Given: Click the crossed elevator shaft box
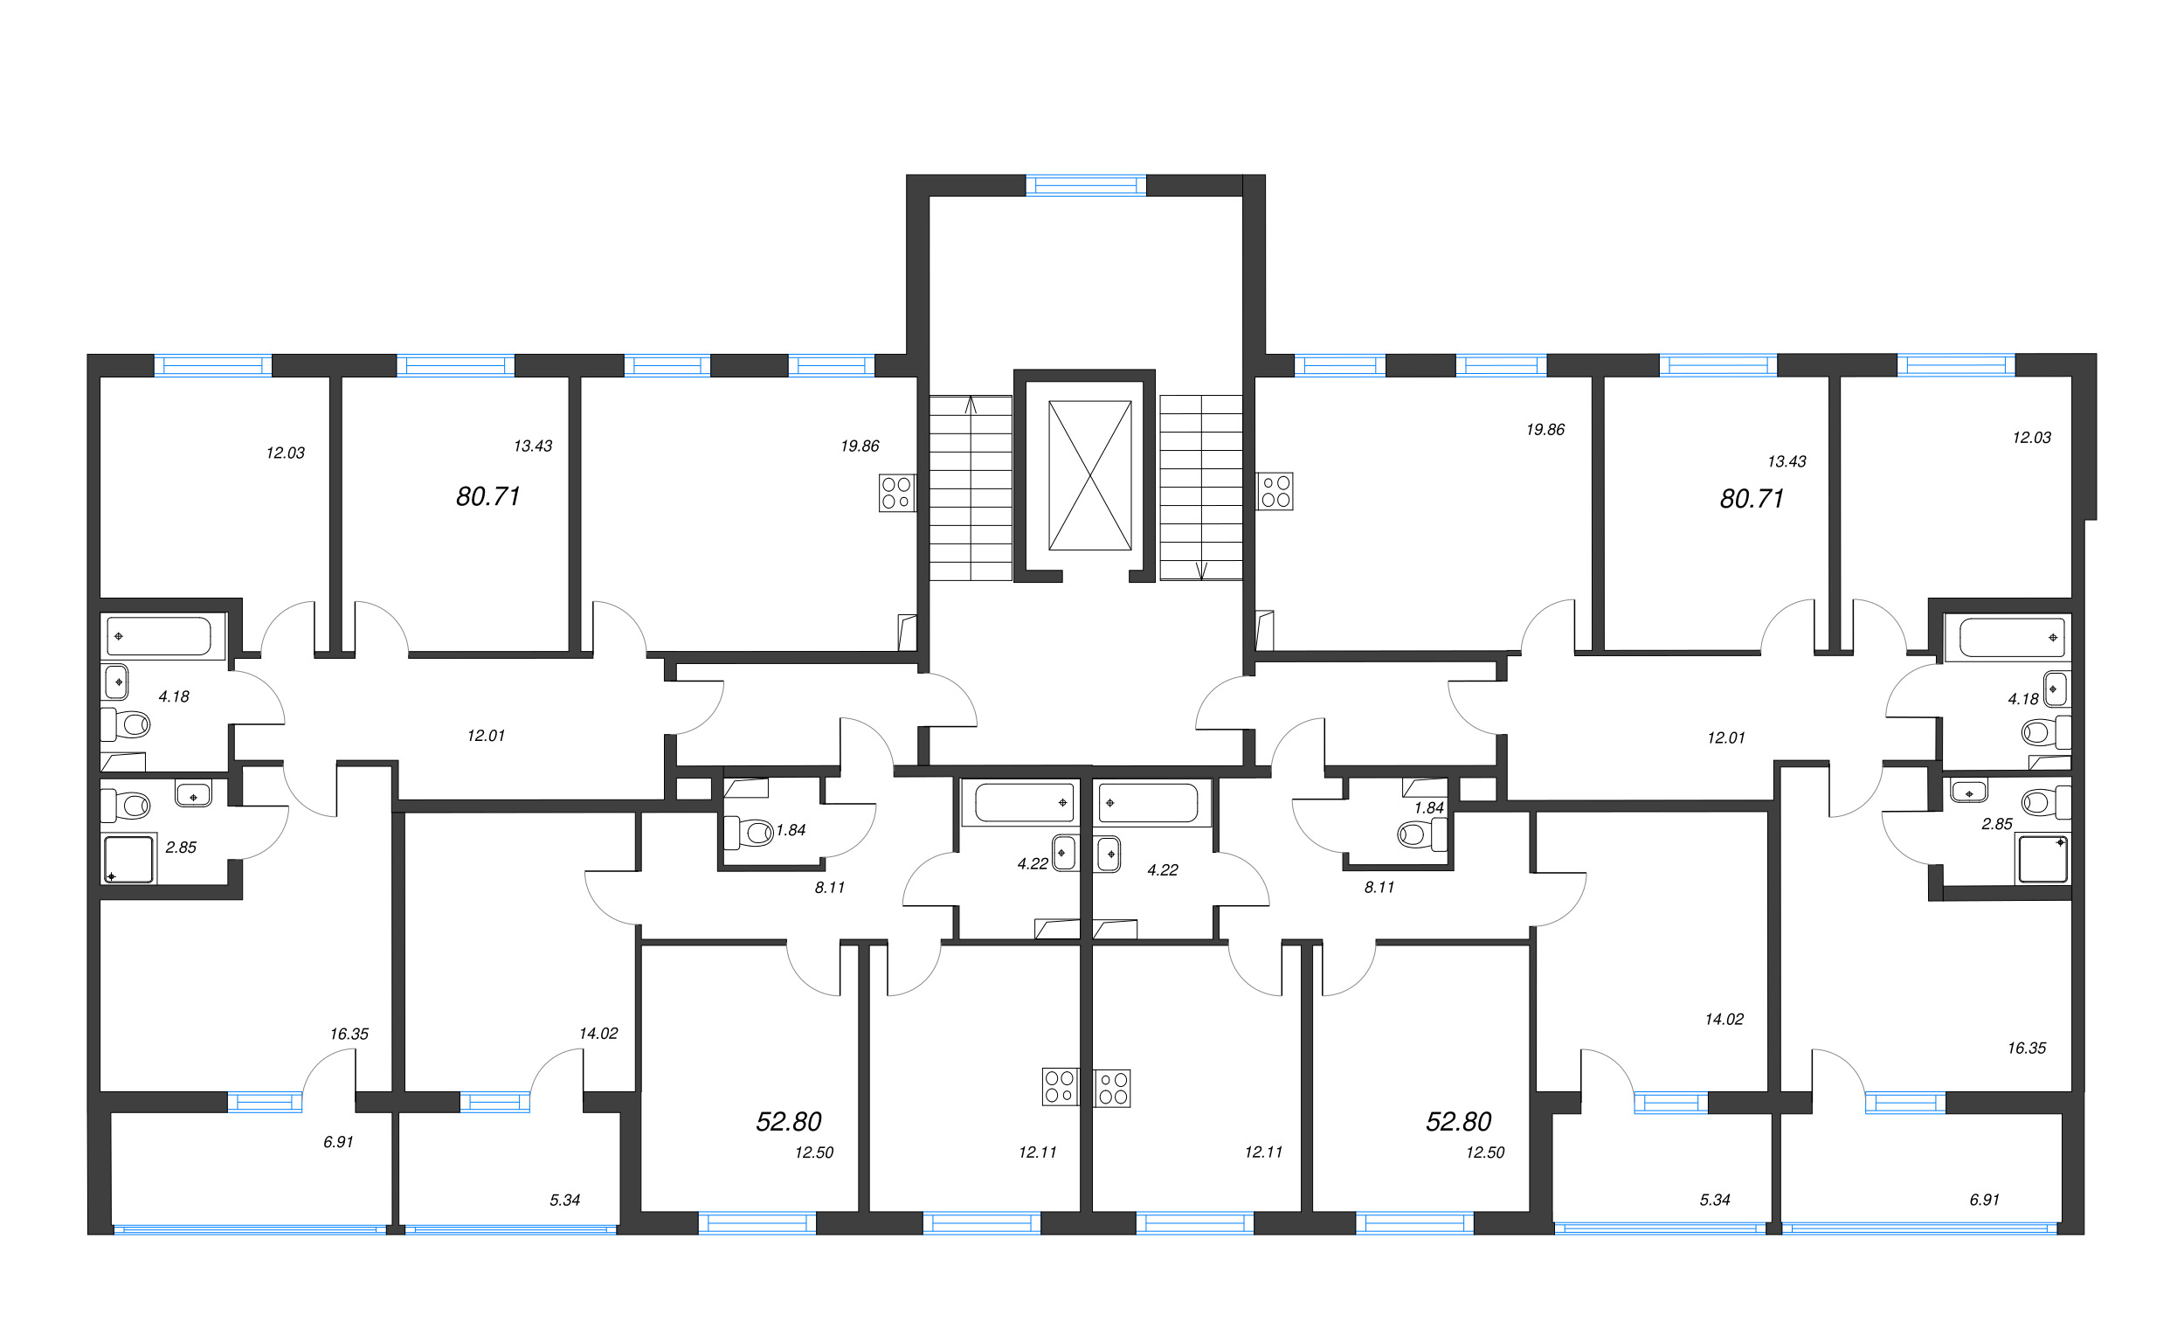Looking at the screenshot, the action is (1089, 475).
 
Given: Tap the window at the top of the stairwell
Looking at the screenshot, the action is (1086, 185).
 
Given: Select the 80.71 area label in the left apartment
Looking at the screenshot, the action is (487, 496).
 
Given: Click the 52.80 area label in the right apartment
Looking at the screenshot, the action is (1458, 1122).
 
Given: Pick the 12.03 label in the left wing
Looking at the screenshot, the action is (286, 453).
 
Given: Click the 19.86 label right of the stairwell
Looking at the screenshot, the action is (1545, 430).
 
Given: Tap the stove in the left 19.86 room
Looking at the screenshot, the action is (897, 493).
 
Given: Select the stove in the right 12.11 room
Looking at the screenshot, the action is (1112, 1088).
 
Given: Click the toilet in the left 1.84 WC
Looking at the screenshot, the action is (749, 833).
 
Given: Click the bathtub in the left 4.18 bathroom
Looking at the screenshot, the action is (160, 637).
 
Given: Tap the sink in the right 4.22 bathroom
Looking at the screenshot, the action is (1108, 855).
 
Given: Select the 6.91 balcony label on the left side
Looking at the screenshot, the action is (339, 1142).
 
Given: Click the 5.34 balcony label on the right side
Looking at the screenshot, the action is (1715, 1200).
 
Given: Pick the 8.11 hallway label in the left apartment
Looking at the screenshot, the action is (830, 888).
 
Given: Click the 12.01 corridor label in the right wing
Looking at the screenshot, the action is (1726, 737).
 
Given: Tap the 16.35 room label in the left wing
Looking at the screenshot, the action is (349, 1034).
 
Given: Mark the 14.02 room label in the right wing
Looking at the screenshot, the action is (1724, 1020).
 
